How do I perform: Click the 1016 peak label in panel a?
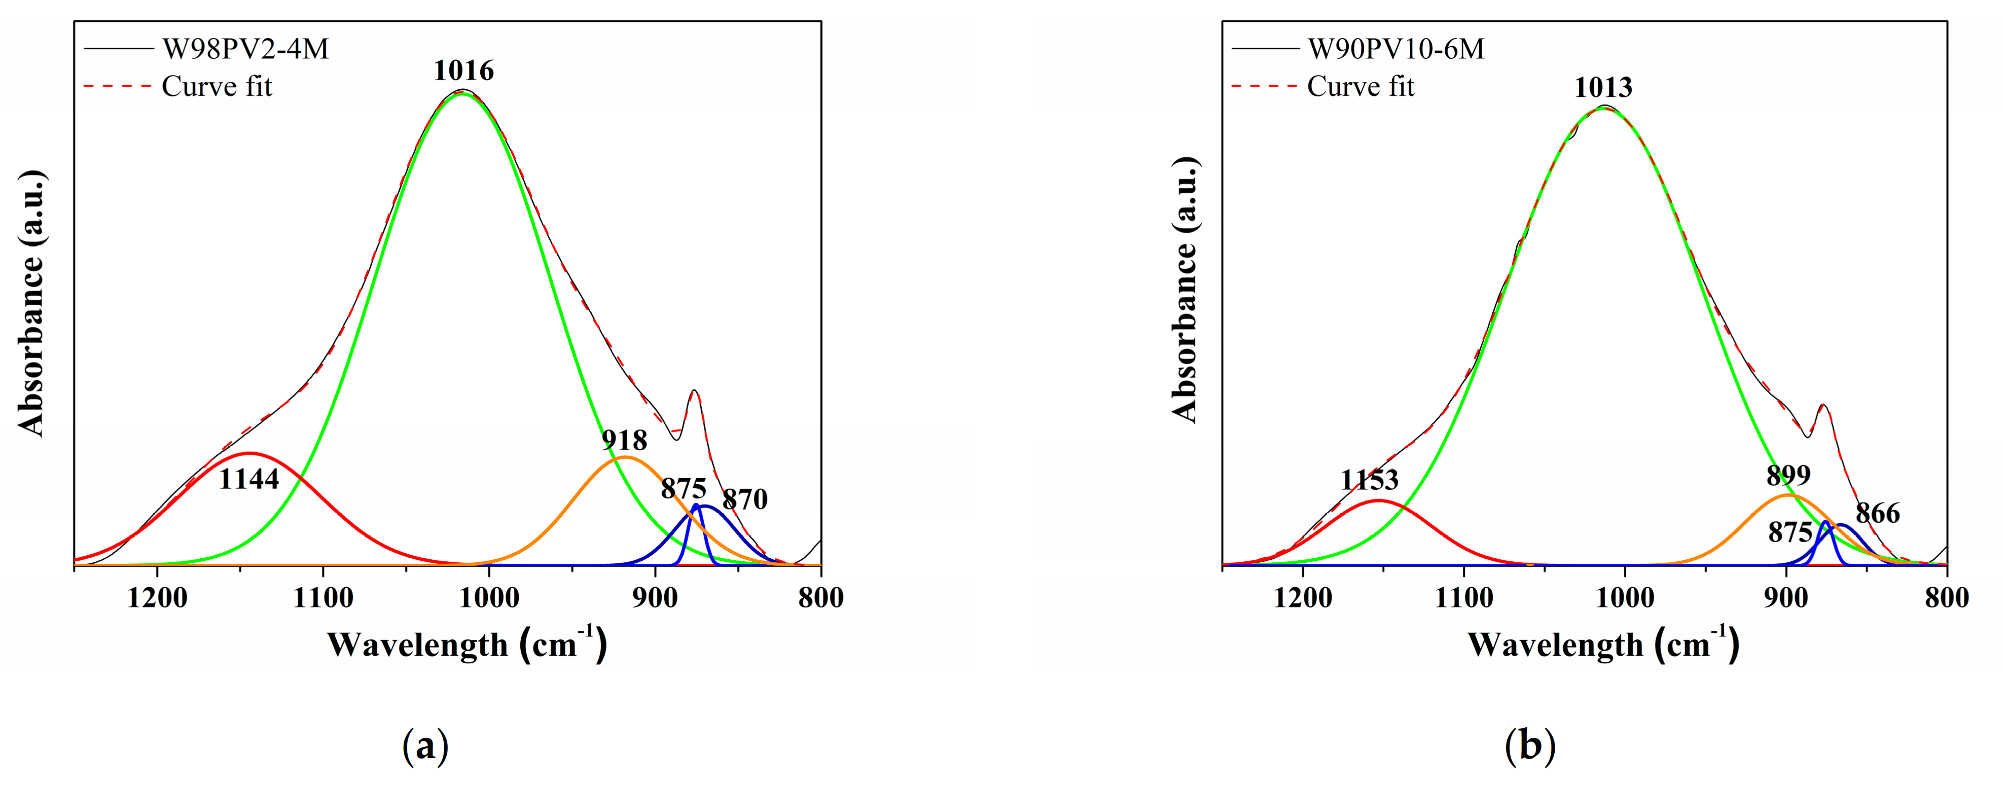click(x=463, y=71)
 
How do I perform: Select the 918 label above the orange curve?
click(x=624, y=441)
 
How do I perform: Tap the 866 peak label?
click(x=1878, y=513)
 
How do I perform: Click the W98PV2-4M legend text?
click(x=245, y=49)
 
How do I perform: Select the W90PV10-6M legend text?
click(x=1396, y=49)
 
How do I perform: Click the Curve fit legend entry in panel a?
click(x=216, y=86)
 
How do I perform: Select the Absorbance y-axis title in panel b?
click(x=1185, y=290)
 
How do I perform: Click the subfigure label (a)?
click(x=425, y=746)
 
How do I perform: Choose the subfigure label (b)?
click(x=1529, y=746)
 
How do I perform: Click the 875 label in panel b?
click(x=1790, y=532)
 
